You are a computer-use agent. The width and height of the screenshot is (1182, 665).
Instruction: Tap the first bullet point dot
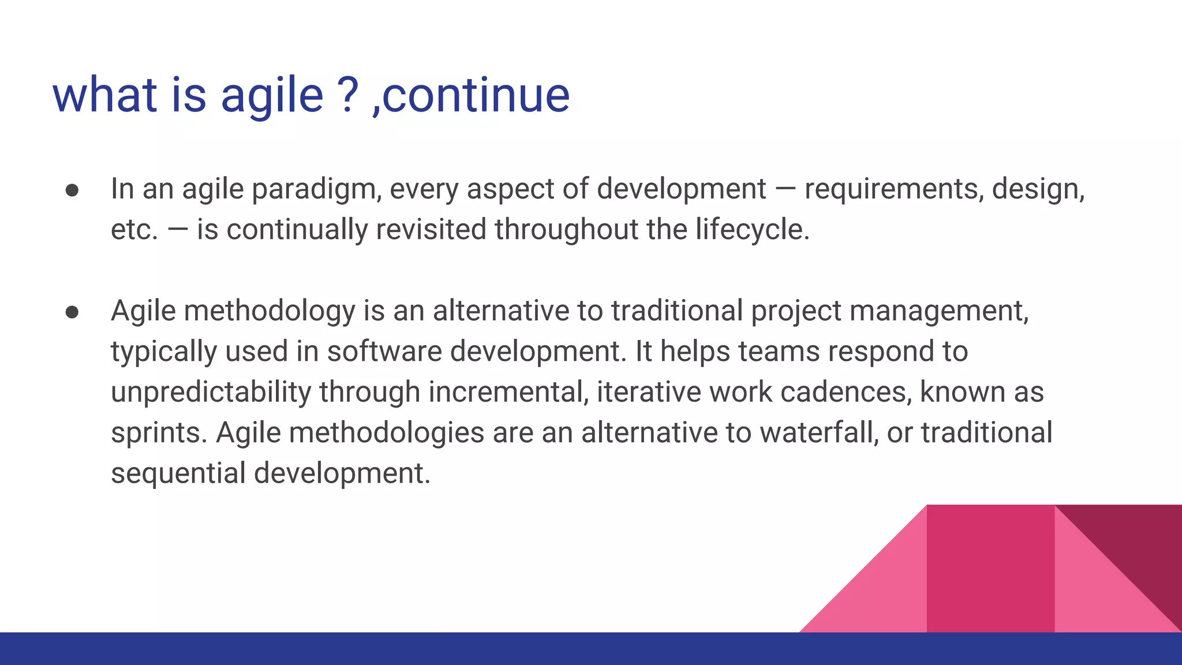(72, 191)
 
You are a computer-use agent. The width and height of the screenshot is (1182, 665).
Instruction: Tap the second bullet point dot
(72, 313)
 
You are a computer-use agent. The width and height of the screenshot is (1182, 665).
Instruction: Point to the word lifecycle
(752, 230)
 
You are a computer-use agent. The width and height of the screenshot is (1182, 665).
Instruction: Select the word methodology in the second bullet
(270, 312)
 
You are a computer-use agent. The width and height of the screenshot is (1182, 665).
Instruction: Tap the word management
(939, 312)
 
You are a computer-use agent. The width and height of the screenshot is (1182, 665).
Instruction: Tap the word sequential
(178, 474)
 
